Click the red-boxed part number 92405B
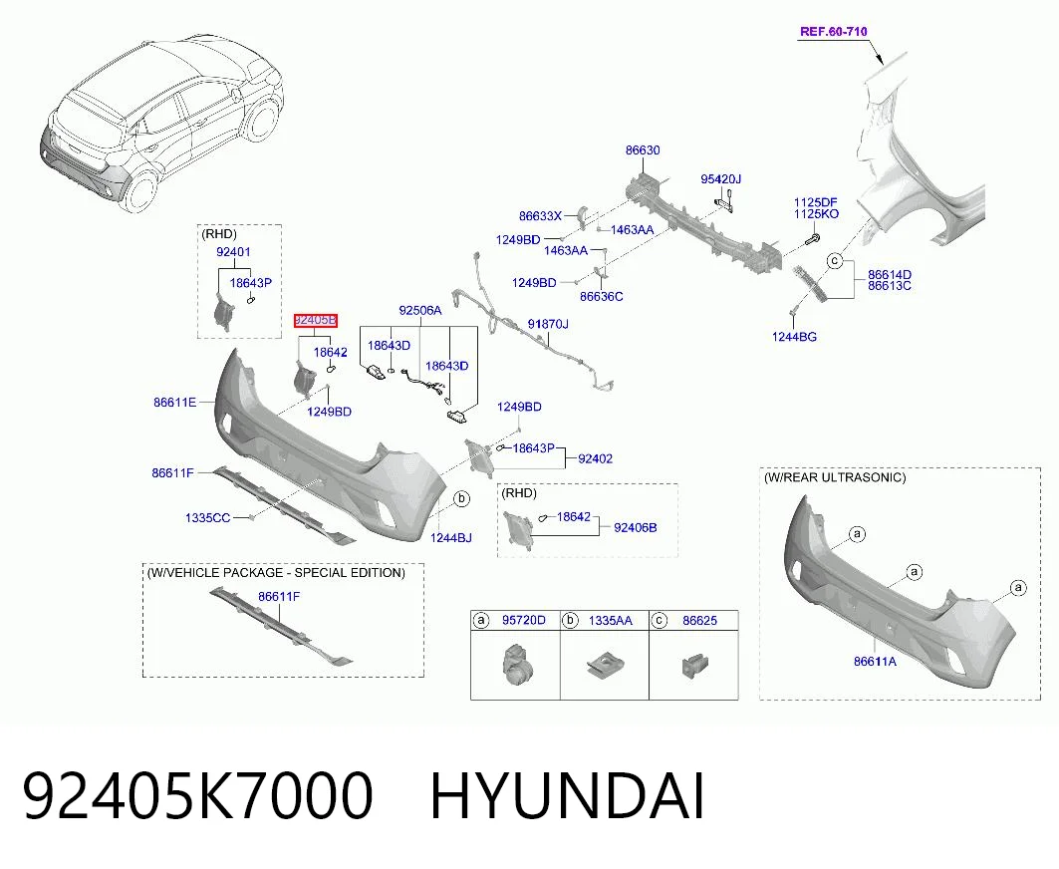tap(316, 320)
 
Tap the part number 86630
tap(643, 150)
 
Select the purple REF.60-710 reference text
tap(834, 31)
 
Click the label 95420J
tap(720, 179)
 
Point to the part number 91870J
tap(548, 324)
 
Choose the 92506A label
tap(420, 310)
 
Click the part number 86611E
tap(175, 402)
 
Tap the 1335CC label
tap(207, 517)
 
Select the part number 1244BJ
tap(451, 538)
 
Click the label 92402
tap(595, 458)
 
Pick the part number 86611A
tap(875, 662)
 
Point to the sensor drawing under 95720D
tap(517, 664)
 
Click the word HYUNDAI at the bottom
tap(567, 796)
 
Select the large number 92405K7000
tap(198, 796)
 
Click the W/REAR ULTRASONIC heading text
tap(835, 477)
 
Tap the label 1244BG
tap(794, 337)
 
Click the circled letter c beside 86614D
tap(836, 261)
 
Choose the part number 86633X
tap(540, 216)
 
